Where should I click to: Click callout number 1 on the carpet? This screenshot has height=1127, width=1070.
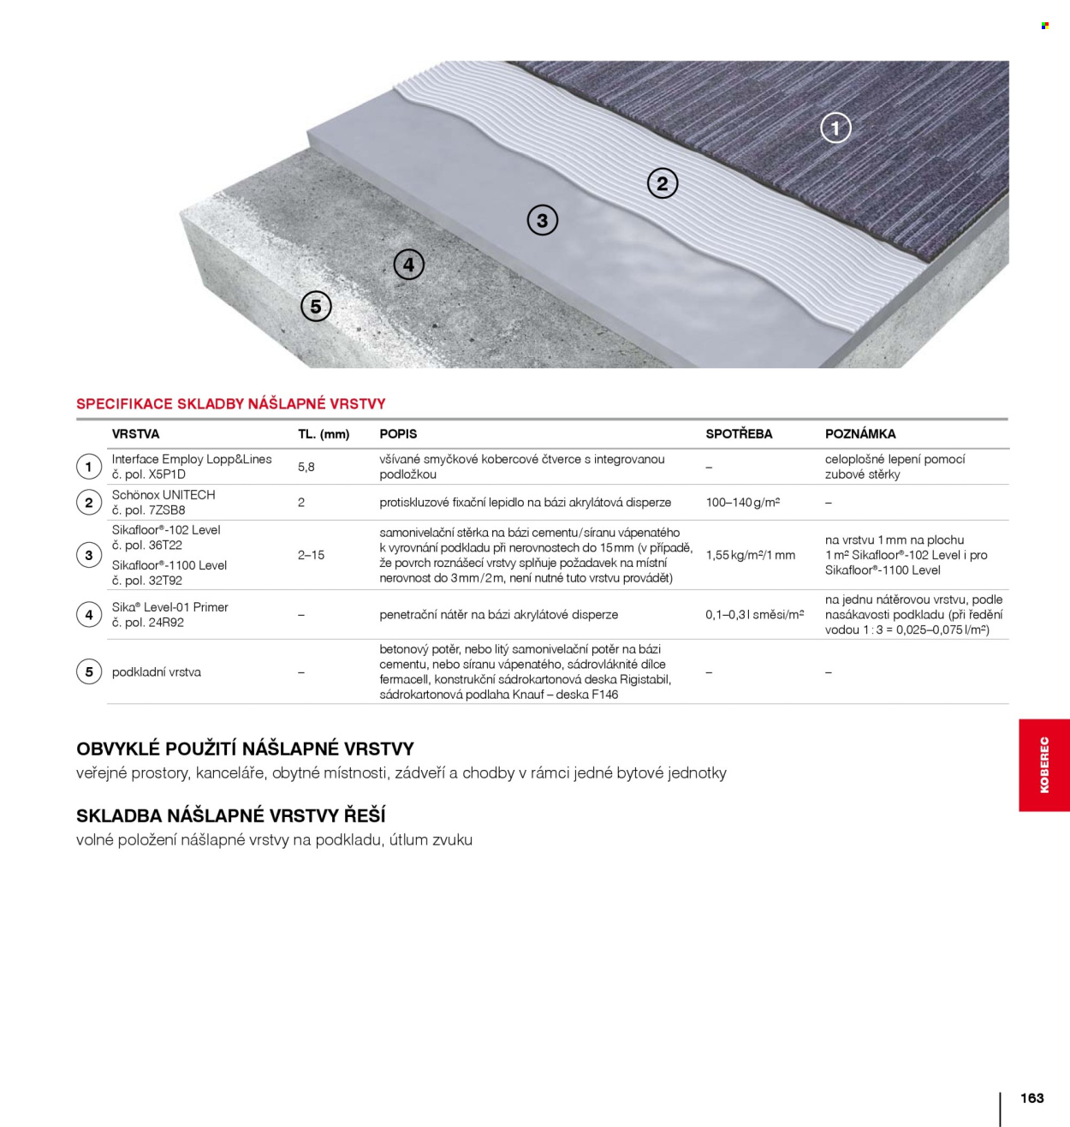pos(835,128)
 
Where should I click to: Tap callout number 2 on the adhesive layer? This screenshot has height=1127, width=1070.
pos(662,183)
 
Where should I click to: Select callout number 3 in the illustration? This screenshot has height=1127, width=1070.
pos(542,220)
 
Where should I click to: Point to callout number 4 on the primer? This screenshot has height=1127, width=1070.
pos(408,265)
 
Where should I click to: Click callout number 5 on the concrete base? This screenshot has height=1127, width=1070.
pos(316,307)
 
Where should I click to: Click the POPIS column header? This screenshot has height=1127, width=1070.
pos(398,434)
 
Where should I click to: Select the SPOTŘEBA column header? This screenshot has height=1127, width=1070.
pos(738,434)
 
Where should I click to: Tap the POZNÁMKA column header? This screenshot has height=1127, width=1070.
pos(859,434)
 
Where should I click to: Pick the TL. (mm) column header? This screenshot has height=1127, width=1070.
pos(324,434)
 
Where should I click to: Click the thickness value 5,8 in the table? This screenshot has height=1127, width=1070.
pos(306,467)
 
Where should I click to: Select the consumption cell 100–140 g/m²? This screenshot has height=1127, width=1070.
pos(742,503)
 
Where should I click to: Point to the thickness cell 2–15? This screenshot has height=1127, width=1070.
pos(311,555)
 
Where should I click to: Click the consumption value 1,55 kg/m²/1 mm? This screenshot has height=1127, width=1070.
pos(750,555)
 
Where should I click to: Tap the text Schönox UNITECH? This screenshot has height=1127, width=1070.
pos(163,495)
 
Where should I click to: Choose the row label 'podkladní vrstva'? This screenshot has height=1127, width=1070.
pos(157,672)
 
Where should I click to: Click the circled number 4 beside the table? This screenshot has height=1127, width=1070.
pos(89,615)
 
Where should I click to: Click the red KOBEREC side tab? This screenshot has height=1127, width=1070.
pos(1043,765)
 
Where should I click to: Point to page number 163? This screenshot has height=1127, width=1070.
pos(1031,1098)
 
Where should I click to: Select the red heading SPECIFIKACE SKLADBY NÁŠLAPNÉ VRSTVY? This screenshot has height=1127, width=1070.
pos(231,403)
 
